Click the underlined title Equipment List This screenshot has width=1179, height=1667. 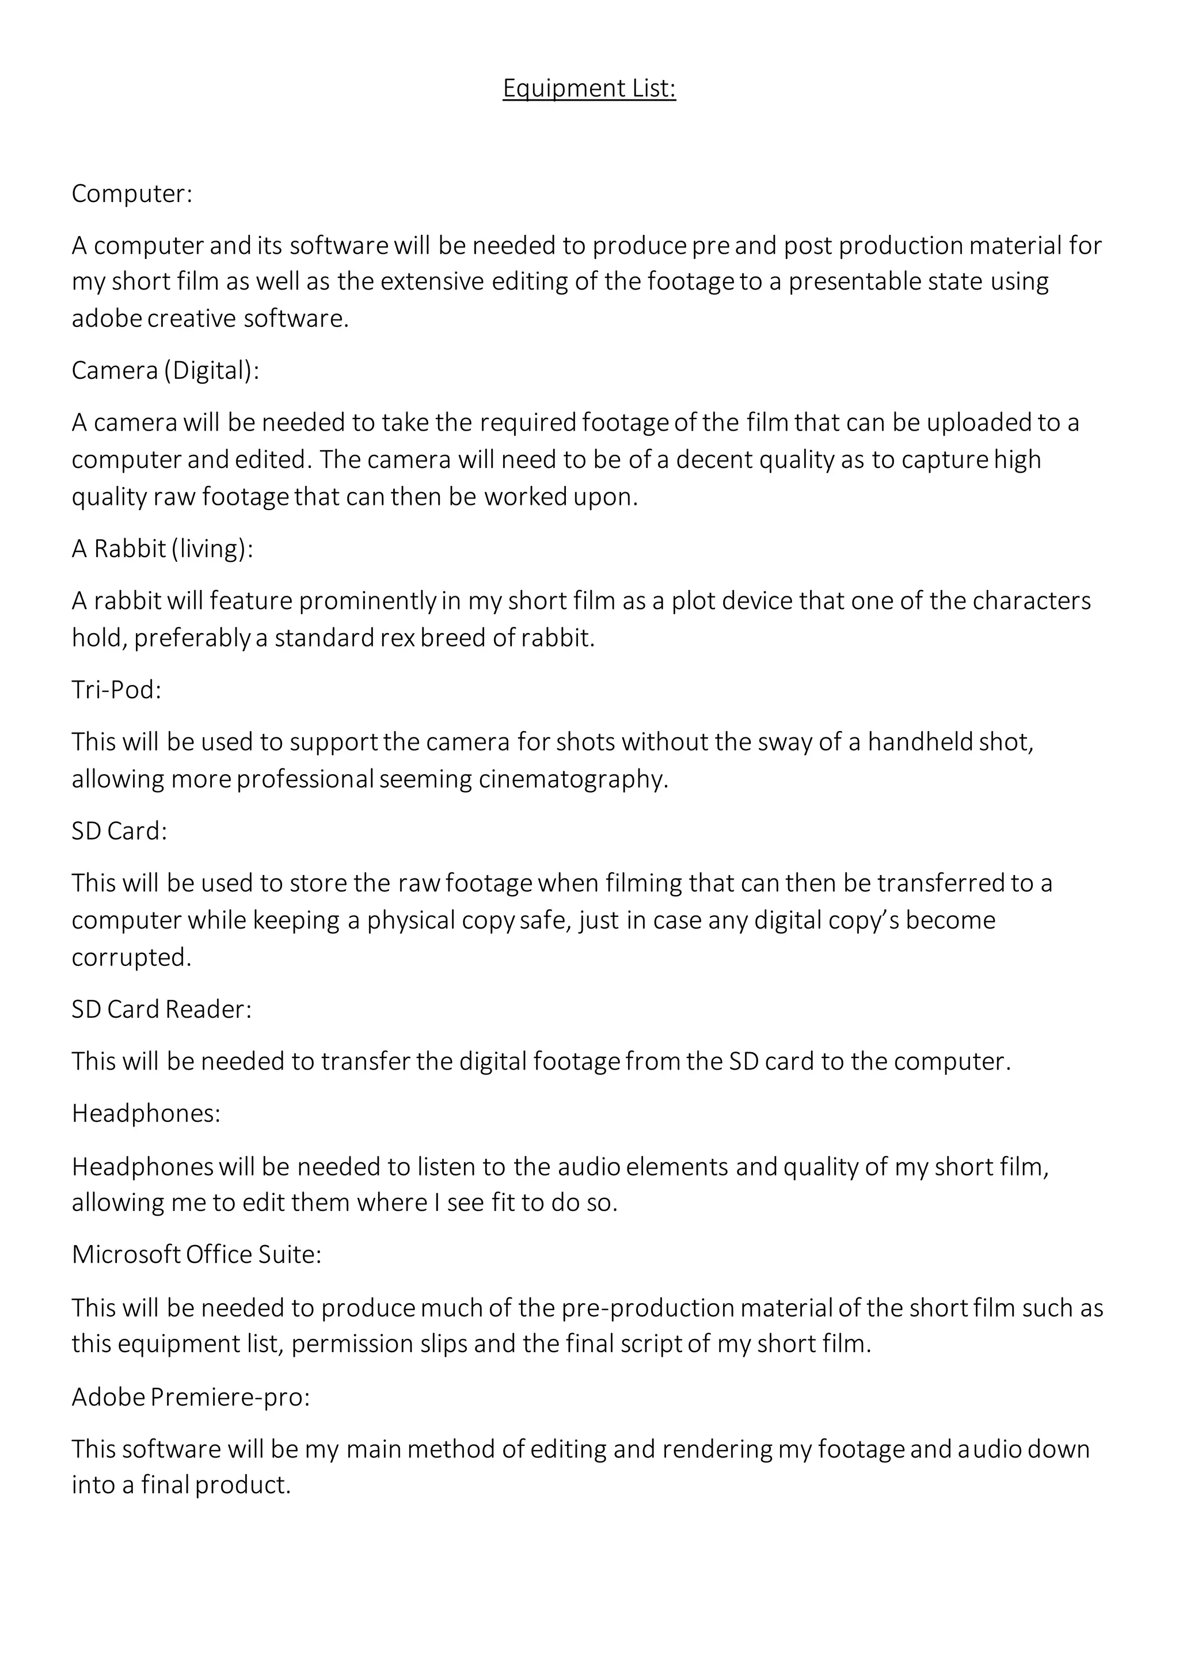point(589,89)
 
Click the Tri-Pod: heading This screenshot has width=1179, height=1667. point(116,689)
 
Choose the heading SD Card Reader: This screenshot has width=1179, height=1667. point(161,1009)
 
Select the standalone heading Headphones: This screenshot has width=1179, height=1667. point(146,1113)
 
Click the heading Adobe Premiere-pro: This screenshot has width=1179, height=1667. point(190,1396)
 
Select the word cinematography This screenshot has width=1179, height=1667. point(573,779)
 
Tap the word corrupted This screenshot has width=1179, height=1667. point(131,958)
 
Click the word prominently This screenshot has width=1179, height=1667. point(367,601)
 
